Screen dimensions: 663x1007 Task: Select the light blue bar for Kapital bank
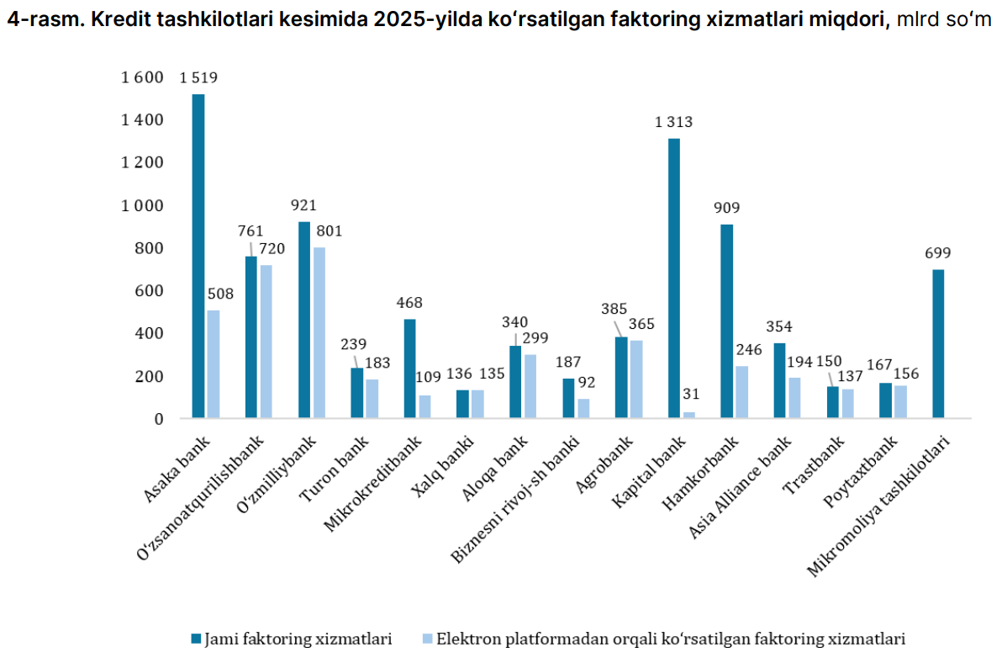tap(689, 415)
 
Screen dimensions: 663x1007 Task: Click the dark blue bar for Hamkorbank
tap(726, 321)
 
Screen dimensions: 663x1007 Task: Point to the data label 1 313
tap(674, 123)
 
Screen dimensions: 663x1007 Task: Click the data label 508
tap(221, 294)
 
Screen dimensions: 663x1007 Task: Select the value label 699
tap(937, 253)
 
